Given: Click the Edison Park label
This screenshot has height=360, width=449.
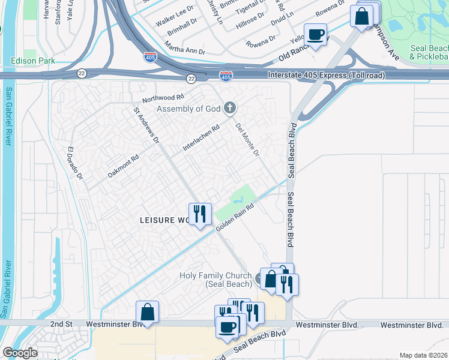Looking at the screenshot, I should [x=32, y=61].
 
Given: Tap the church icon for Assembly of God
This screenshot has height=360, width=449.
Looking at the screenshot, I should [x=229, y=109].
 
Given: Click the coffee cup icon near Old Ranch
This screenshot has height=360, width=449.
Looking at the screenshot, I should [x=315, y=34].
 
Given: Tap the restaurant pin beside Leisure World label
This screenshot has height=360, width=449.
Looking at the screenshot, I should [x=200, y=214].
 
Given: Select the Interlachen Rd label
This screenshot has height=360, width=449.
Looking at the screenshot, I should [x=200, y=138].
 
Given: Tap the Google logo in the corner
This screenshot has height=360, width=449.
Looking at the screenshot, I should [x=19, y=353].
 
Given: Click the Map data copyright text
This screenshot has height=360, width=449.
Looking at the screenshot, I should [x=423, y=355].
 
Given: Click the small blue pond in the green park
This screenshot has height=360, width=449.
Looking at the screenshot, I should [x=240, y=196].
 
